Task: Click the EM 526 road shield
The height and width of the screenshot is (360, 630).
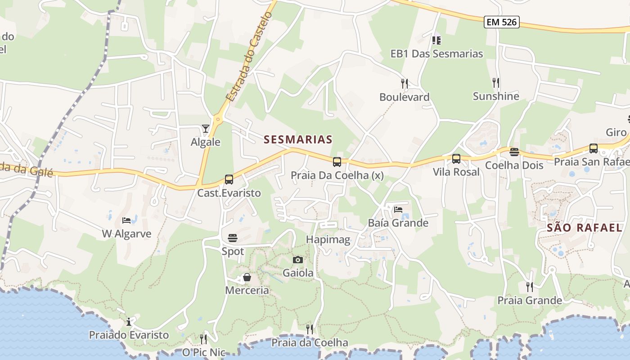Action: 502,22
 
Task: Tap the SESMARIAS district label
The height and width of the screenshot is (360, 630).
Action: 298,139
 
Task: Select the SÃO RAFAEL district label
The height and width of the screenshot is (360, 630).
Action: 578,227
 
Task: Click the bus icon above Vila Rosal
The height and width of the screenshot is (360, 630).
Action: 456,159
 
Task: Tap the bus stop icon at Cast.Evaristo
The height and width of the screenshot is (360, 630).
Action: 229,180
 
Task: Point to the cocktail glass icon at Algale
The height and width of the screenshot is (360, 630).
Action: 206,129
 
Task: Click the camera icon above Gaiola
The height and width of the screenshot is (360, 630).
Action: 297,260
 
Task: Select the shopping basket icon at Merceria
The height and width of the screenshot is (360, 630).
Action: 247,277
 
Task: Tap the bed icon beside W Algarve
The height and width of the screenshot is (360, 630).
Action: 126,220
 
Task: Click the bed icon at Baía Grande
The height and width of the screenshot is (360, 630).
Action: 398,209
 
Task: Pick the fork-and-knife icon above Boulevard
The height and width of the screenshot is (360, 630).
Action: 405,83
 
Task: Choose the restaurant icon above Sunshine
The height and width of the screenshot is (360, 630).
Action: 495,82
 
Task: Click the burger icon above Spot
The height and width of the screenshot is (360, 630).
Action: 233,238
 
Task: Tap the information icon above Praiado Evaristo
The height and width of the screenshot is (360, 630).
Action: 129,321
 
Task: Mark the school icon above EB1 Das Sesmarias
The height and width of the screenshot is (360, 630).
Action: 436,40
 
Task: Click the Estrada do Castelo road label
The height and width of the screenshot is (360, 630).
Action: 249,57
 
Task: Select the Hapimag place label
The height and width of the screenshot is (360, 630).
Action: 328,239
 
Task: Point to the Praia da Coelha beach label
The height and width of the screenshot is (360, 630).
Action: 310,343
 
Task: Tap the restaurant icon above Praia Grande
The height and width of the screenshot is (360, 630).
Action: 530,287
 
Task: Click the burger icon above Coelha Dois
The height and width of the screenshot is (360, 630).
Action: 514,152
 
